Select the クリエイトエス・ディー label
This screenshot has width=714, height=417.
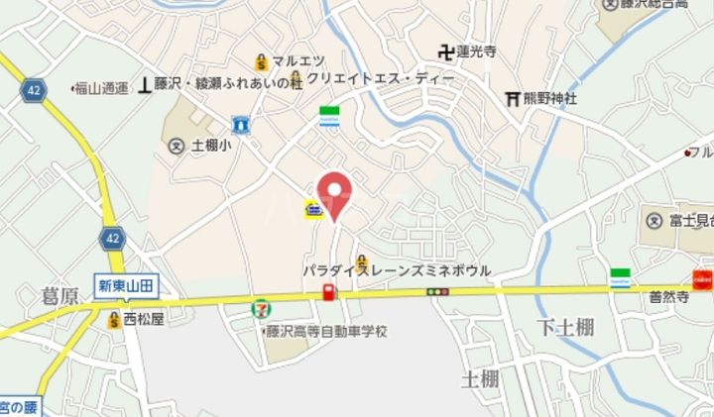click(x=381, y=77)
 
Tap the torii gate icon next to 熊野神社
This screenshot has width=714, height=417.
click(x=514, y=98)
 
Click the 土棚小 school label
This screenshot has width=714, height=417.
click(x=211, y=145)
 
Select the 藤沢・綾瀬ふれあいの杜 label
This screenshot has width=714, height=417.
click(x=227, y=85)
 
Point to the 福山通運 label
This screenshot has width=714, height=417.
click(x=103, y=87)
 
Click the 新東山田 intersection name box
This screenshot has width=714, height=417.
click(x=126, y=285)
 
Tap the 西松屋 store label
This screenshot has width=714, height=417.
click(x=143, y=319)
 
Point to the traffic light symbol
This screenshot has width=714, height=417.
click(x=437, y=291)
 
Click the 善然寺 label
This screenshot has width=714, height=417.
click(x=669, y=295)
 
